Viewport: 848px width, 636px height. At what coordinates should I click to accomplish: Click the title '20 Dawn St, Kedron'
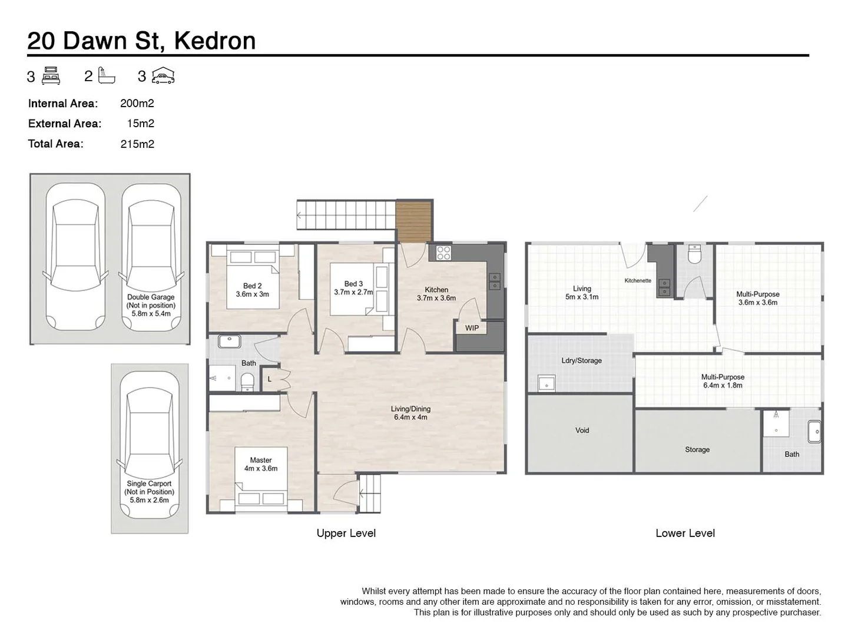pos(141,41)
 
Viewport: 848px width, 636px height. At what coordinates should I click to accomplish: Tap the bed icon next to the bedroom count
pos(51,76)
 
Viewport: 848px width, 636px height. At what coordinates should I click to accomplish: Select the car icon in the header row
pos(163,76)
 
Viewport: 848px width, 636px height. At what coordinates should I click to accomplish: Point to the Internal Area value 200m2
pos(137,103)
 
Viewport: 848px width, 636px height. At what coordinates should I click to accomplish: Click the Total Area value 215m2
pos(137,144)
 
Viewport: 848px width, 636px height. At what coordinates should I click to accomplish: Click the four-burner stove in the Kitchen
pos(443,253)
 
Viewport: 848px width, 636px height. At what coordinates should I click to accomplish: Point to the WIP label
pos(472,328)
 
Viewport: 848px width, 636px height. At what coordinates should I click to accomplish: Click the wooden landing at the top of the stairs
pos(414,221)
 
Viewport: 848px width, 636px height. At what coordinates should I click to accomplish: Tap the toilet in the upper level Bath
pos(247,382)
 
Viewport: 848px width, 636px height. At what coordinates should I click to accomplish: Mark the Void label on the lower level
pos(582,430)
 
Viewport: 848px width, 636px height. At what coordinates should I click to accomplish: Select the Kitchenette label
pos(638,280)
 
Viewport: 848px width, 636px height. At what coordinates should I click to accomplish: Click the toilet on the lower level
pos(695,254)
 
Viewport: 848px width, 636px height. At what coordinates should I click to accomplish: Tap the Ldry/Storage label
pos(581,360)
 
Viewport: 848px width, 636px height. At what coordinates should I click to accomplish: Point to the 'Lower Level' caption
pos(685,533)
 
